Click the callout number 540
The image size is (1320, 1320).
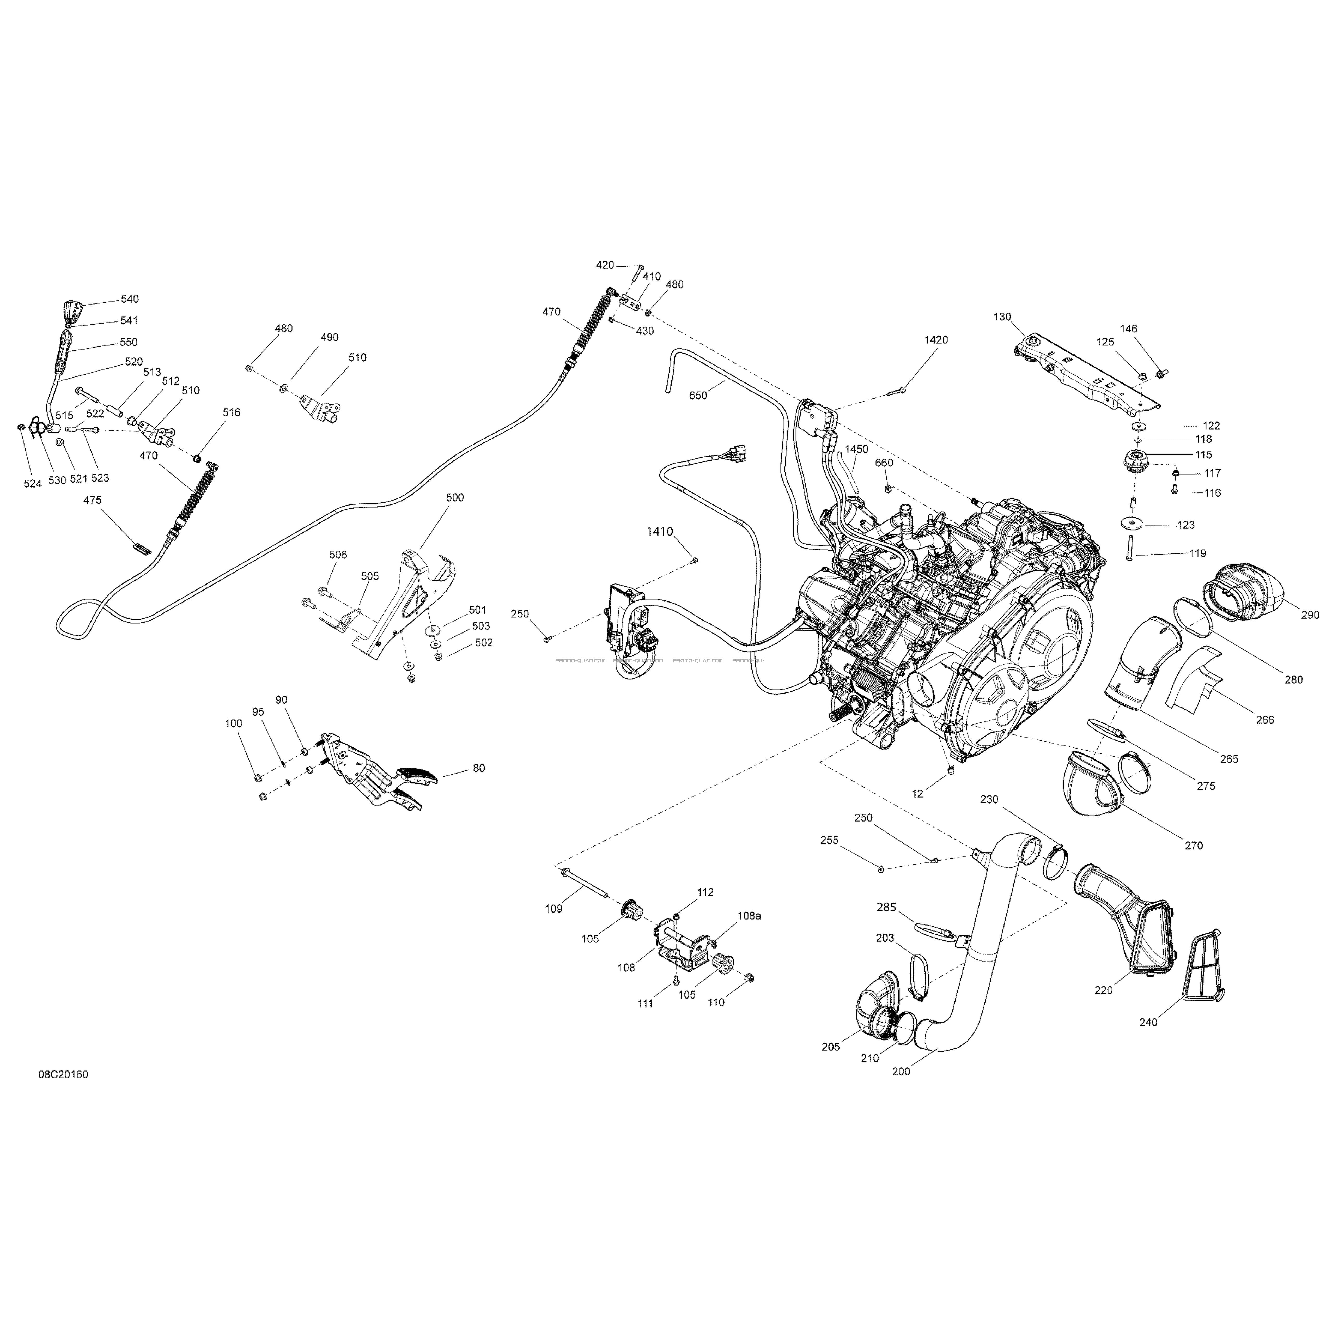(x=130, y=299)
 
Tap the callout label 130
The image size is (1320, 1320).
(x=1002, y=317)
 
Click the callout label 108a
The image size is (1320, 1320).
(x=749, y=916)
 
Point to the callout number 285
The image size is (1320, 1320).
(x=886, y=907)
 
